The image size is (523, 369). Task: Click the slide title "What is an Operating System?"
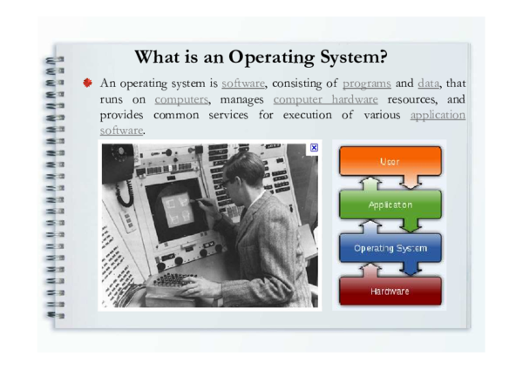coord(261,57)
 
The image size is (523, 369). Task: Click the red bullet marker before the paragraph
coord(88,84)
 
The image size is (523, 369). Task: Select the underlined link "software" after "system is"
coord(242,84)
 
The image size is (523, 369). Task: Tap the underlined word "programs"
coord(366,84)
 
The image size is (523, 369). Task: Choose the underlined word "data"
coord(429,84)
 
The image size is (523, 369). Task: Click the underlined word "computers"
coord(181,99)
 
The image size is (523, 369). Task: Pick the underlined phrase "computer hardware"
coord(326,99)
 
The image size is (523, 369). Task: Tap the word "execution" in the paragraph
coord(318,115)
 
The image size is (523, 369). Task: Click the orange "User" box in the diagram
coord(391,162)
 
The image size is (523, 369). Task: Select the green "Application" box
coord(391,205)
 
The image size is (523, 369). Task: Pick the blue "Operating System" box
coord(391,248)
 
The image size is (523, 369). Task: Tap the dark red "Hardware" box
coord(391,291)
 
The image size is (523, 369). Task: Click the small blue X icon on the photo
coord(314,149)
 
